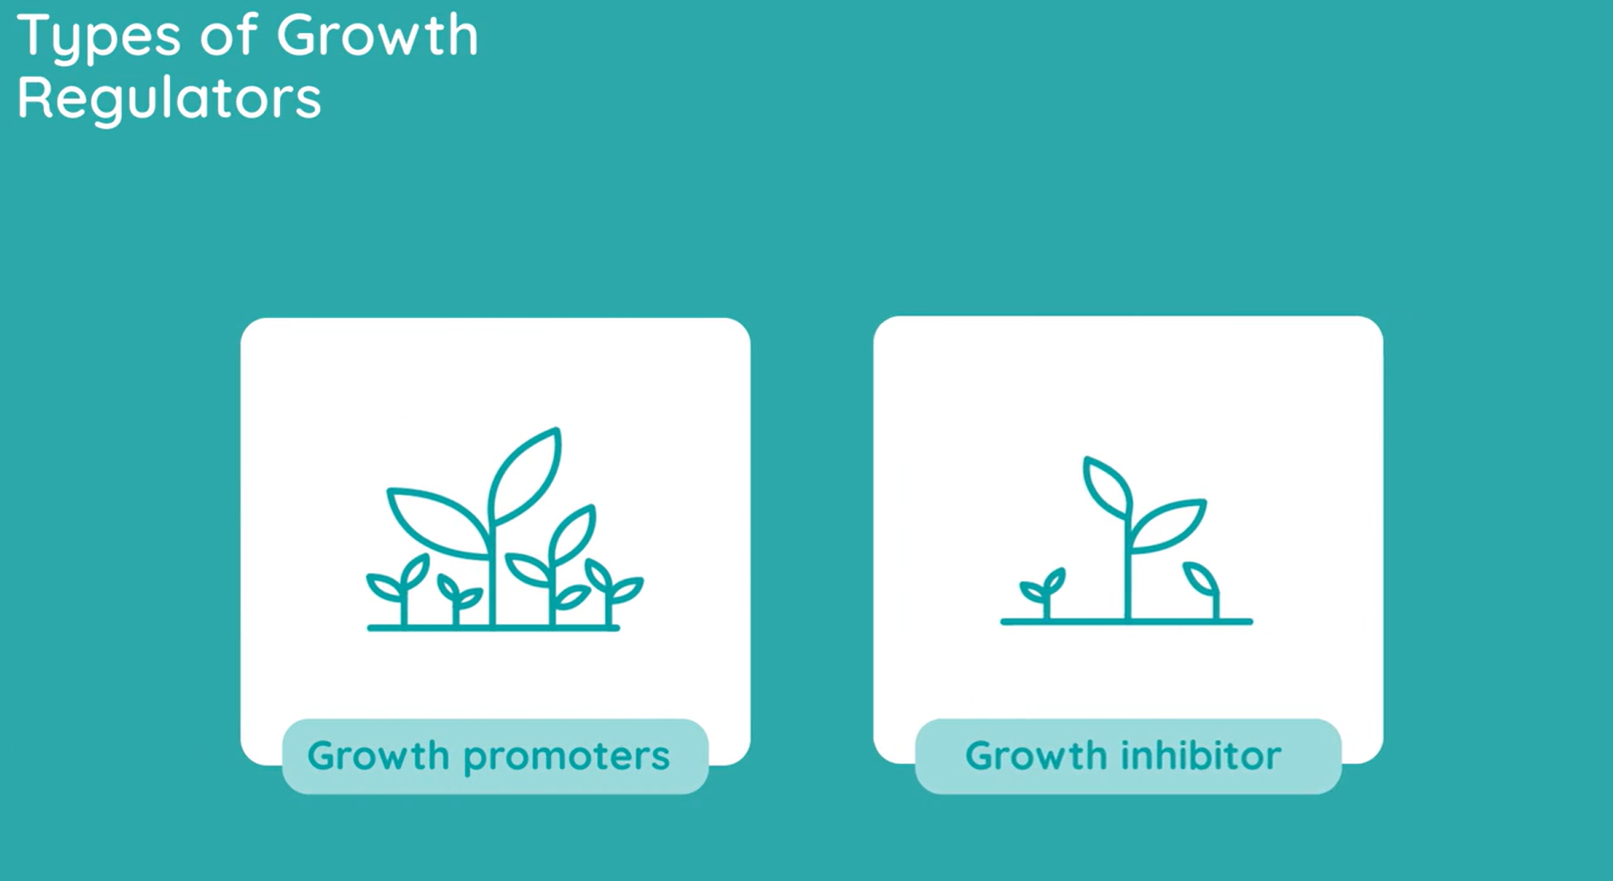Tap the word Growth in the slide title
point(377,36)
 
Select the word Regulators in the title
point(169,98)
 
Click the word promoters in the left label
point(567,756)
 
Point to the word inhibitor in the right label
point(1201,756)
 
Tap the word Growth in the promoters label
point(378,756)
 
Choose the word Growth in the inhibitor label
point(1035,756)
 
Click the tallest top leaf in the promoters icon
point(526,474)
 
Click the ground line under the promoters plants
point(493,628)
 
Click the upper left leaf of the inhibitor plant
point(1106,487)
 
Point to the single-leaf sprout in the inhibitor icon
point(1201,580)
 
